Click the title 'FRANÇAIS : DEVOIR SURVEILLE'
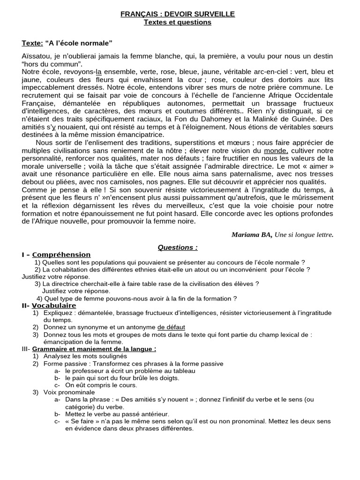click(178, 15)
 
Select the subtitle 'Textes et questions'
click(178, 22)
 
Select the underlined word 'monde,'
click(276, 150)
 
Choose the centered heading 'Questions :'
click(178, 247)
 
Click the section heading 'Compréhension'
click(61, 255)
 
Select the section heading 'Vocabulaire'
click(54, 305)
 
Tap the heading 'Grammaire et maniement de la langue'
click(94, 349)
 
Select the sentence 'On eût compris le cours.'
click(101, 385)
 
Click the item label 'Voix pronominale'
click(69, 392)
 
